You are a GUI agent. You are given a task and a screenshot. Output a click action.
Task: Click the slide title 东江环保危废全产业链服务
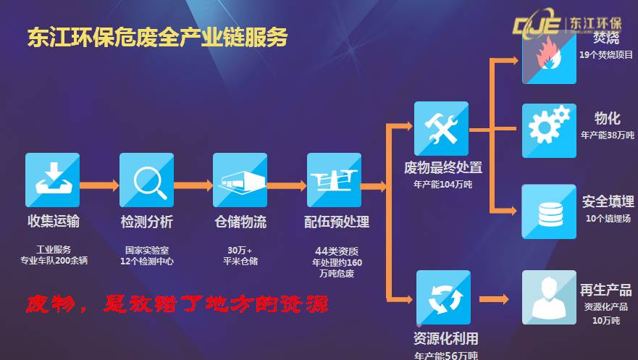[157, 36]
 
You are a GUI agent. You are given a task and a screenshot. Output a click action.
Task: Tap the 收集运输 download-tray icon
[53, 180]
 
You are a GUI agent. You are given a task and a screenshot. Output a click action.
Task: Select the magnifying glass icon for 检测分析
[146, 180]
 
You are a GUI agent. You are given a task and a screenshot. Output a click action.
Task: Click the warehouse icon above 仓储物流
[240, 180]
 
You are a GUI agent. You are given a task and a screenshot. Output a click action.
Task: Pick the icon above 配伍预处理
[334, 180]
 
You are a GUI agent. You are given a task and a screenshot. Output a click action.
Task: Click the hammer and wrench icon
[441, 128]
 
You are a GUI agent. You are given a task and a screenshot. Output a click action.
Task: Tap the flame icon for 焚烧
[549, 59]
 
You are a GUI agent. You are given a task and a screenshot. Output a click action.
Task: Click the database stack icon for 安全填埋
[549, 211]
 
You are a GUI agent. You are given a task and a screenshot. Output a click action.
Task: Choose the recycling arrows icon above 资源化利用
[441, 296]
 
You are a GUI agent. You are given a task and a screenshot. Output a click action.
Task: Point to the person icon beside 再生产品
[549, 296]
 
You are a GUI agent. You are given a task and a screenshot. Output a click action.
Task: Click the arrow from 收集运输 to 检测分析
[99, 185]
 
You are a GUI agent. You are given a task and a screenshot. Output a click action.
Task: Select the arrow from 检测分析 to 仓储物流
[193, 185]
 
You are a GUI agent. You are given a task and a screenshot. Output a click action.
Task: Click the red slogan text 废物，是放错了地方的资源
[178, 303]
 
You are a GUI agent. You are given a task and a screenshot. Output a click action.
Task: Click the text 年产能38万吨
[607, 135]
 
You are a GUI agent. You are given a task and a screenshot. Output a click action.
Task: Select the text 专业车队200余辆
[54, 261]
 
